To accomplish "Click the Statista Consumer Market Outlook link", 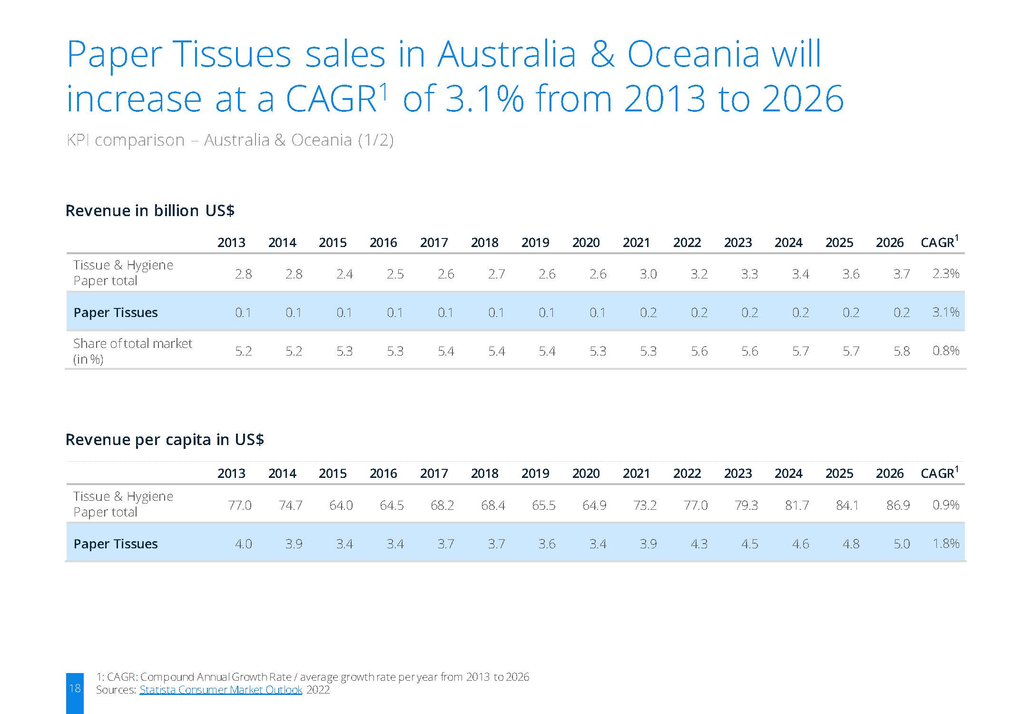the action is tap(221, 690).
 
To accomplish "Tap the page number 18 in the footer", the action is tap(75, 688).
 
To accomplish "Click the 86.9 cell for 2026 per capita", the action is tap(898, 505).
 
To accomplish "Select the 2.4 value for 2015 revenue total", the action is tap(344, 274).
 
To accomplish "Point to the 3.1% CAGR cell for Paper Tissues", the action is tap(945, 312).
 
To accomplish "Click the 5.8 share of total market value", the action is tap(902, 351).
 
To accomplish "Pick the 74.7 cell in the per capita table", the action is tap(290, 505).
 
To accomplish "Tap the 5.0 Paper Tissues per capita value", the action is tap(902, 544).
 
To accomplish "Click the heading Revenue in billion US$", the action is tap(150, 210).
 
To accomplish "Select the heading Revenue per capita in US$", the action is tap(165, 439).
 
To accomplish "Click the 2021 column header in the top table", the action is tap(636, 243).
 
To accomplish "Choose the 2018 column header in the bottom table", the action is tap(484, 474).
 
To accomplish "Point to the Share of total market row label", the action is tap(133, 351).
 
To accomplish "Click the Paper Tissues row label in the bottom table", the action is tap(116, 544).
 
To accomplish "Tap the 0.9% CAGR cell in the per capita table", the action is tap(945, 505).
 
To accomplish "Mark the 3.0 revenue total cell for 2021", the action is tap(648, 274).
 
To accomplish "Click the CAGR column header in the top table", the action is tap(939, 242).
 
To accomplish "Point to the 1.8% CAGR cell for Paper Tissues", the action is tap(945, 544).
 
